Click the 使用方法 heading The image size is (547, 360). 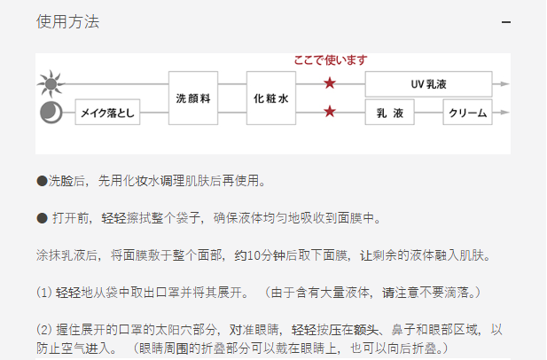(x=68, y=22)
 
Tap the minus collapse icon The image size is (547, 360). (x=506, y=22)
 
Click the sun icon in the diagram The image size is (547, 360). (x=50, y=85)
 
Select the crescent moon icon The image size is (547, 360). (x=50, y=113)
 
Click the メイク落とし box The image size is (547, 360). (x=107, y=113)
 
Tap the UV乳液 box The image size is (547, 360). (x=428, y=85)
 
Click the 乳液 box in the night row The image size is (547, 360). (x=390, y=113)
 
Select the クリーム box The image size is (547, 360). (x=468, y=113)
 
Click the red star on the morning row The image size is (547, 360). (x=330, y=84)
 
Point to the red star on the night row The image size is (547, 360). (x=330, y=112)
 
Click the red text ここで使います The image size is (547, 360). (x=330, y=60)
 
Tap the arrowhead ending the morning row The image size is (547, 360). (x=504, y=85)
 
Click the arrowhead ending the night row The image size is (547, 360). (x=504, y=113)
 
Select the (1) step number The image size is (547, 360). (x=44, y=292)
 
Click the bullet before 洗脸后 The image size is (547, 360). (x=42, y=181)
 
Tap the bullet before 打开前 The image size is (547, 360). (x=42, y=218)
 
